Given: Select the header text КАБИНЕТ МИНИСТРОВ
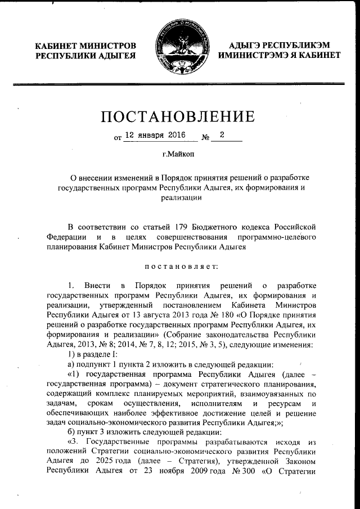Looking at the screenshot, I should [x=85, y=44].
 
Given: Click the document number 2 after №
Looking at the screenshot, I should [x=222, y=135].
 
